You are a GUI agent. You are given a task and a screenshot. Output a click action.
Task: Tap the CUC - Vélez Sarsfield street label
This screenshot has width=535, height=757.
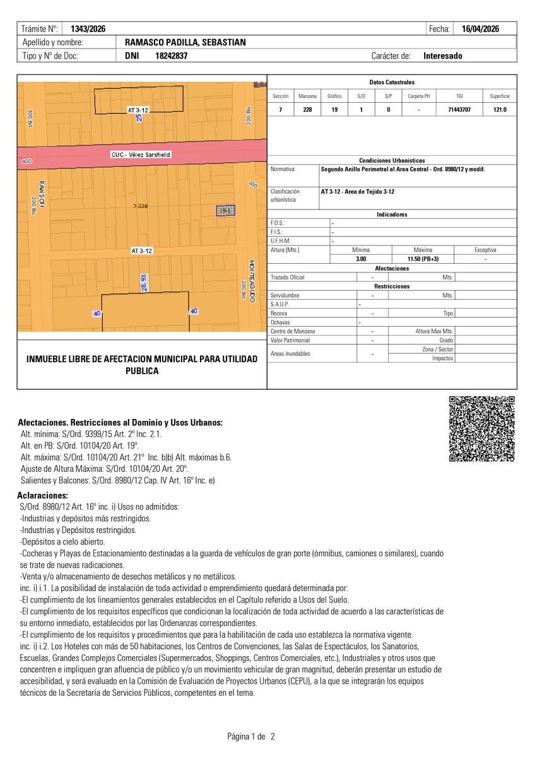point(141,155)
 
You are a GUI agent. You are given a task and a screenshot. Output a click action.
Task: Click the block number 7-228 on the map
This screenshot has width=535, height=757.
point(141,206)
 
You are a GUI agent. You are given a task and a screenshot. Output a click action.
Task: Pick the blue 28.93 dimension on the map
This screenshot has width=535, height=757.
point(144,282)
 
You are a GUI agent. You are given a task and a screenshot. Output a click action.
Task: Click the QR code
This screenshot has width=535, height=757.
point(481,429)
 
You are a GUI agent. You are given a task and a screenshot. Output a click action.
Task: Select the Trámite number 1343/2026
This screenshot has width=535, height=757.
point(88,29)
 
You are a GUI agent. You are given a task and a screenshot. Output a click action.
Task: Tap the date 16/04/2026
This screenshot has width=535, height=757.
point(481,29)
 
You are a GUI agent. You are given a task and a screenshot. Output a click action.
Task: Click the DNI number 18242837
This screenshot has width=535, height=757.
point(171,56)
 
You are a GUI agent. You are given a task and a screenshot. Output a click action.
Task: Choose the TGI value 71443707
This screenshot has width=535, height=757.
point(459,110)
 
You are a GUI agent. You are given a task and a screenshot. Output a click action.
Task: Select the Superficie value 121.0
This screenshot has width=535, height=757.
point(500,110)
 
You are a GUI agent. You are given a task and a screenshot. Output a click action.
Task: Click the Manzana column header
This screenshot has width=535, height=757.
point(307,96)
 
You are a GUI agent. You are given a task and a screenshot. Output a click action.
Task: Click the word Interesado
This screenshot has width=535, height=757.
point(443,56)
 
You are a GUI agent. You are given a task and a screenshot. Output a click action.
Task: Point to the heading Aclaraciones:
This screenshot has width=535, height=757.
point(43,496)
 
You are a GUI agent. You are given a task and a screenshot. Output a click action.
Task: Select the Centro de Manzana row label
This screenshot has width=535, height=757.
point(293,331)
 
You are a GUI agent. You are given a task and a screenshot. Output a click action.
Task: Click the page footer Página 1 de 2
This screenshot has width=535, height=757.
point(251,736)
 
